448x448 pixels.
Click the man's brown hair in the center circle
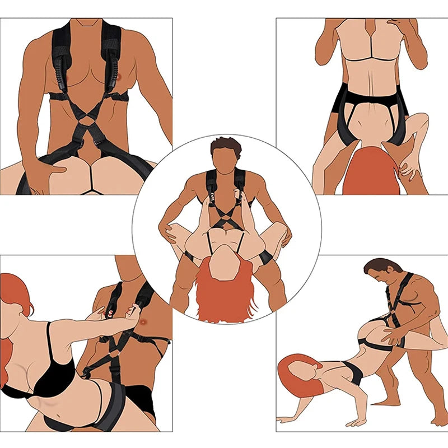(226, 147)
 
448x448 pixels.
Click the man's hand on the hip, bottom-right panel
(392, 336)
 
